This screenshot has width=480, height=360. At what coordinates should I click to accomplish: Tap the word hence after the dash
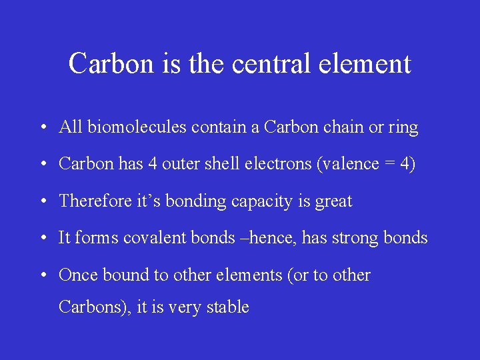click(272, 237)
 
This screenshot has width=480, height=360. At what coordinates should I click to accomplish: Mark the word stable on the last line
click(227, 307)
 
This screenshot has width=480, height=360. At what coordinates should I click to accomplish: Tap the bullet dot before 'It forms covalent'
click(42, 238)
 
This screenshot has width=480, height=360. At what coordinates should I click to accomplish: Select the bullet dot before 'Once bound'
click(42, 275)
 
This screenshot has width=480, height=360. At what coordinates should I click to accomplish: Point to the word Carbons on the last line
click(93, 307)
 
